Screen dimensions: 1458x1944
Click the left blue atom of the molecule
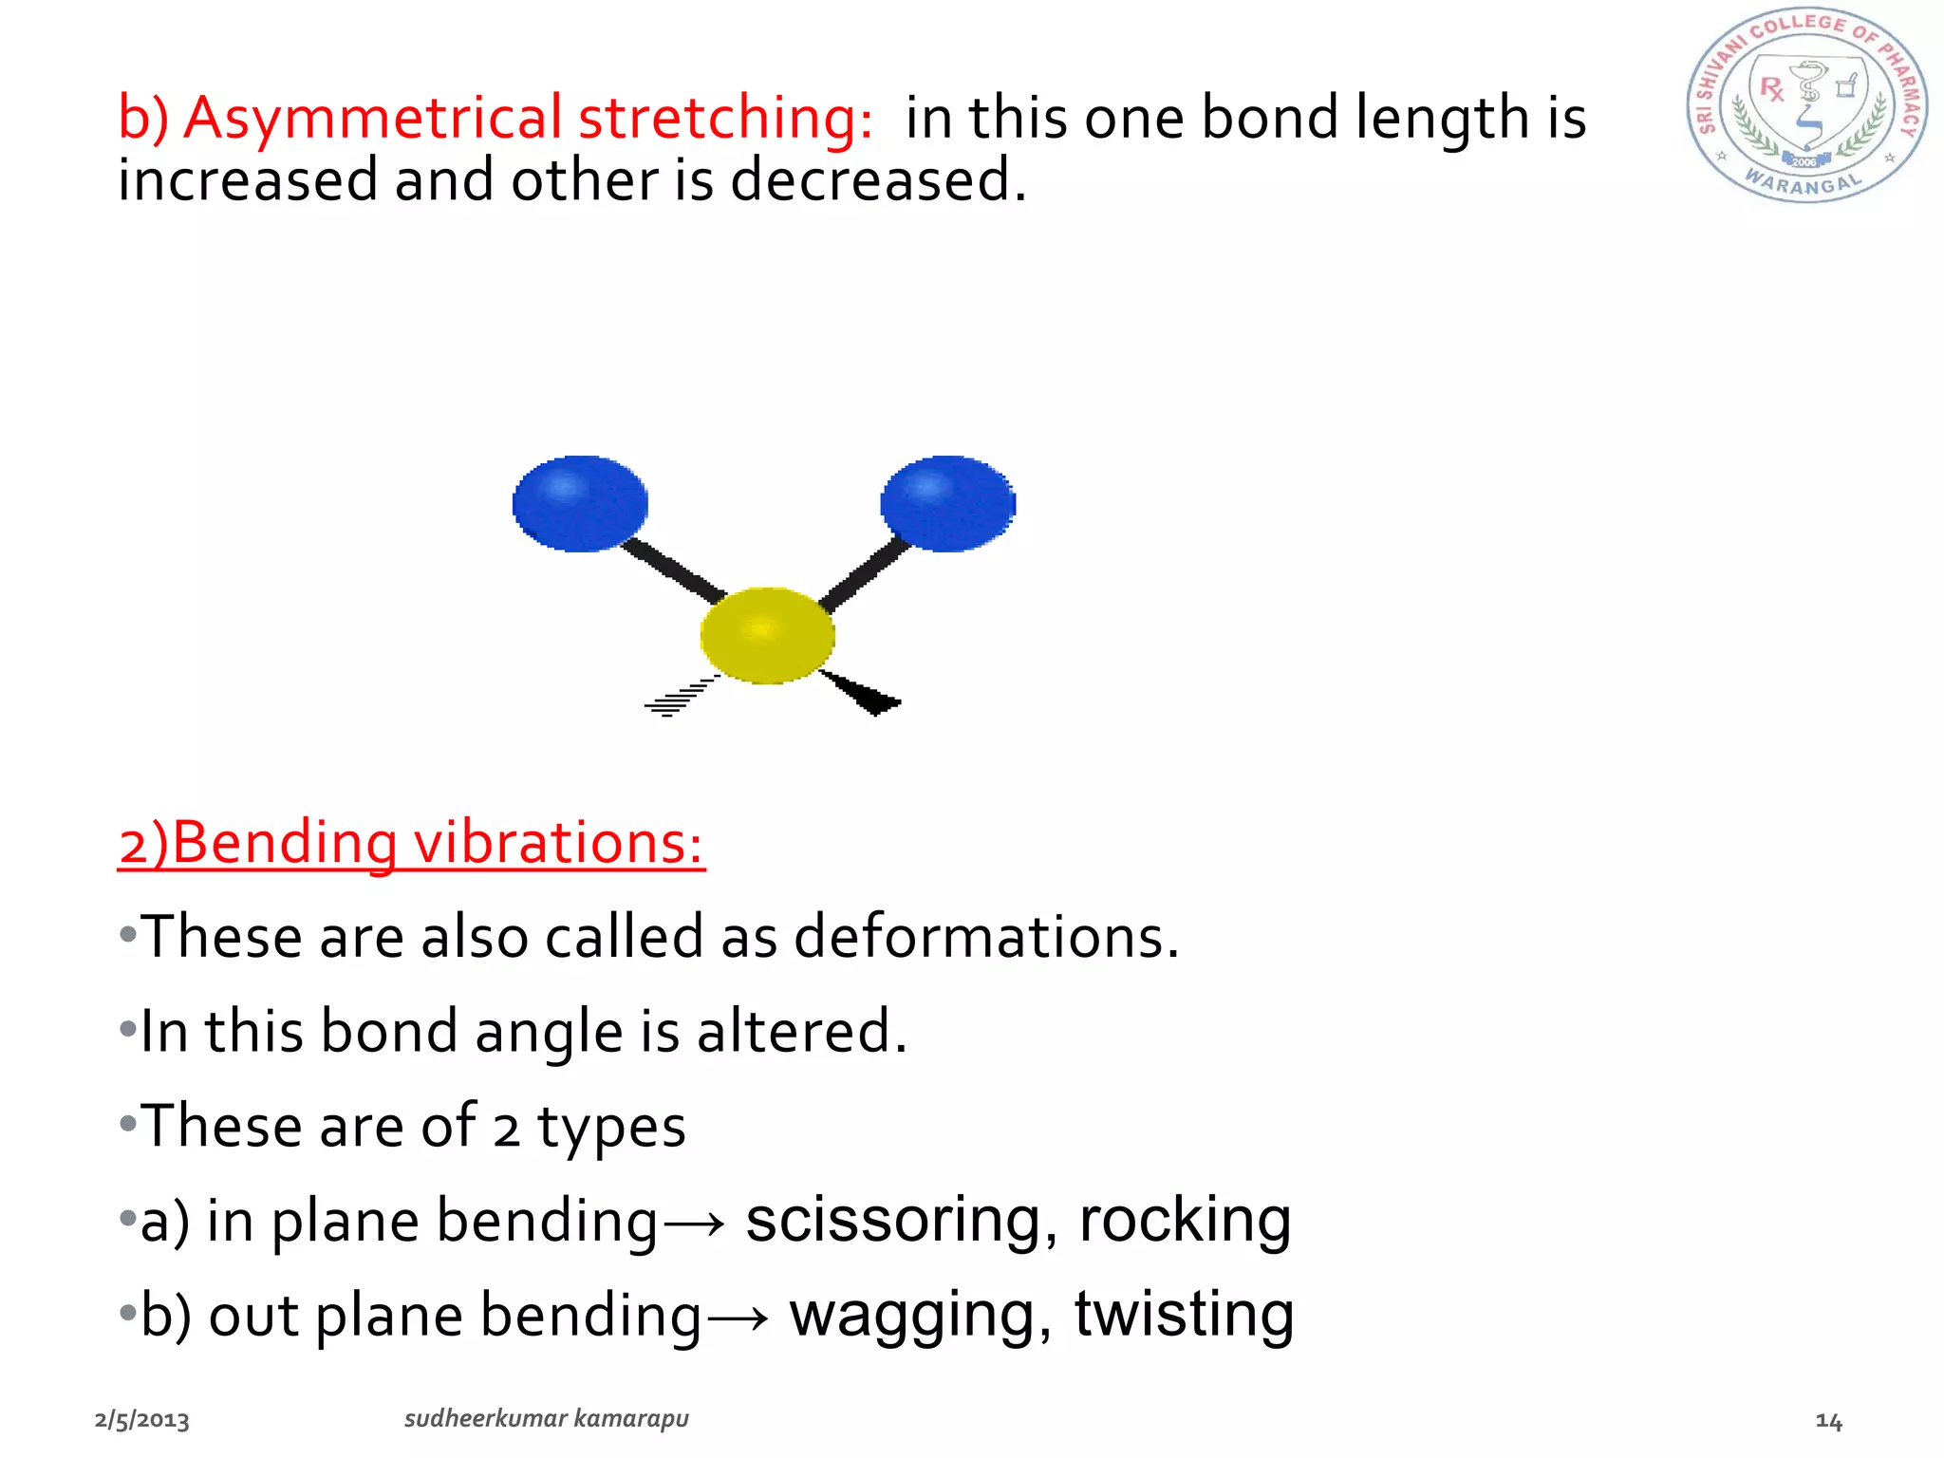(x=580, y=503)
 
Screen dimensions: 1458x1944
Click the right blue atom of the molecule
(x=947, y=503)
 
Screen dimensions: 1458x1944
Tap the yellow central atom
(x=767, y=635)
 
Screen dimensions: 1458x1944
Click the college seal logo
(x=1806, y=106)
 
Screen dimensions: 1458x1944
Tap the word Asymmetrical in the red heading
(x=372, y=119)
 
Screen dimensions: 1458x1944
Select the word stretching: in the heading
(x=725, y=119)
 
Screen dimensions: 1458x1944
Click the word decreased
(x=877, y=180)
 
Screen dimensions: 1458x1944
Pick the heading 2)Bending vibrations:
(x=411, y=843)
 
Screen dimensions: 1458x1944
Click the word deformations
(x=985, y=937)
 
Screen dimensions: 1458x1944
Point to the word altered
(x=801, y=1032)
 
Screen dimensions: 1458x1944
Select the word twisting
(x=1184, y=1315)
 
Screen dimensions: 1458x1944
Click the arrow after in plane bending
(x=694, y=1224)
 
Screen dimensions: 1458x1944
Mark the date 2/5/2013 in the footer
(x=142, y=1420)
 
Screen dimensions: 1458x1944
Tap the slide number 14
(x=1828, y=1421)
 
